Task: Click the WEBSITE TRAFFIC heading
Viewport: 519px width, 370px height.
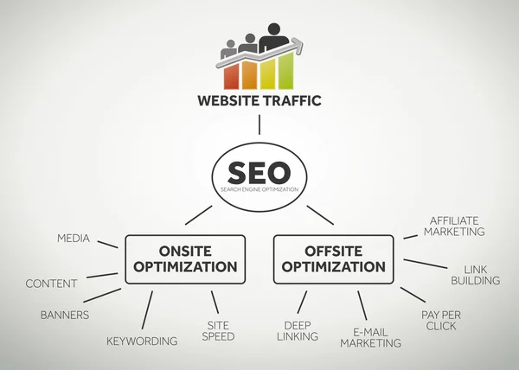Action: [259, 101]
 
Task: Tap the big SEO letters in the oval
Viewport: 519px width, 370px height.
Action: [259, 170]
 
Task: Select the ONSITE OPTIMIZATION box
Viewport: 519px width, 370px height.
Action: [184, 258]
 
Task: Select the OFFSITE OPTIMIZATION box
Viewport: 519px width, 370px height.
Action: [333, 258]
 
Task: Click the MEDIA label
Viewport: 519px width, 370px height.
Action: [74, 238]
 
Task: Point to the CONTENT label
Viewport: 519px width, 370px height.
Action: [51, 284]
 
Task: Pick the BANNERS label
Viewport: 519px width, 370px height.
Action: [64, 315]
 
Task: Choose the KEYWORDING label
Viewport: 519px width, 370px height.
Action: [142, 341]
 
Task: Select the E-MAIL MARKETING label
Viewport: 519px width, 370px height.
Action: [370, 336]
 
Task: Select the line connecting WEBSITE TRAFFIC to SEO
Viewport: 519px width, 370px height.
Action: [259, 124]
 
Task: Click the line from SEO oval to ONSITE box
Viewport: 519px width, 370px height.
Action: [198, 214]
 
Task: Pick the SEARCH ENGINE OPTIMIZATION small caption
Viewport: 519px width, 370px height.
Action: [259, 189]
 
